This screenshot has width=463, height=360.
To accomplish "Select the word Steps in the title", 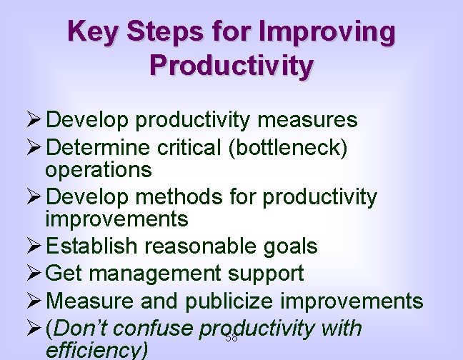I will tap(166, 32).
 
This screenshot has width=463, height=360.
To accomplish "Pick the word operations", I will tap(99, 169).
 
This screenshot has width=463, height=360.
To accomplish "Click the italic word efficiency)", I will tap(96, 351).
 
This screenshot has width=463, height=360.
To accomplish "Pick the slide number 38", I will tap(231, 338).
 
